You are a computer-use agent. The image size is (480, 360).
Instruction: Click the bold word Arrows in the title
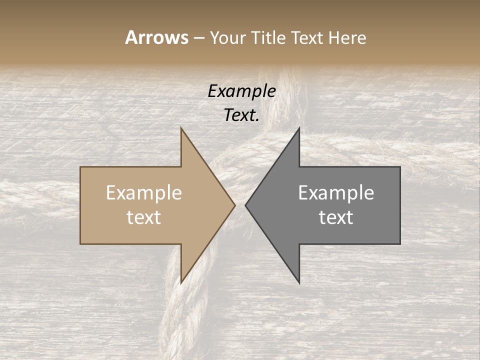pyautogui.click(x=156, y=37)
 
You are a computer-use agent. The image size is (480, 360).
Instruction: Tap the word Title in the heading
pyautogui.click(x=268, y=38)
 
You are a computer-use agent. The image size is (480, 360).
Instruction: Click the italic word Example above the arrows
pyautogui.click(x=241, y=91)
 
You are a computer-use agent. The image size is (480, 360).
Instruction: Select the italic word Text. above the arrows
pyautogui.click(x=241, y=115)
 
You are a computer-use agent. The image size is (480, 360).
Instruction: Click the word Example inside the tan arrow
pyautogui.click(x=144, y=193)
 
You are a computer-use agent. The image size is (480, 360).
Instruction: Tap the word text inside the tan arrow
pyautogui.click(x=144, y=217)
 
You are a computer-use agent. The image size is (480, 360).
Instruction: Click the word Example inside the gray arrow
pyautogui.click(x=336, y=193)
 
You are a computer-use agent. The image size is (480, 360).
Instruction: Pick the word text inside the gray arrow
pyautogui.click(x=336, y=217)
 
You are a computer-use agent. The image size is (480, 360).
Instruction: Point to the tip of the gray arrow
pyautogui.click(x=246, y=205)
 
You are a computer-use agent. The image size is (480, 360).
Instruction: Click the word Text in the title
pyautogui.click(x=307, y=38)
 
